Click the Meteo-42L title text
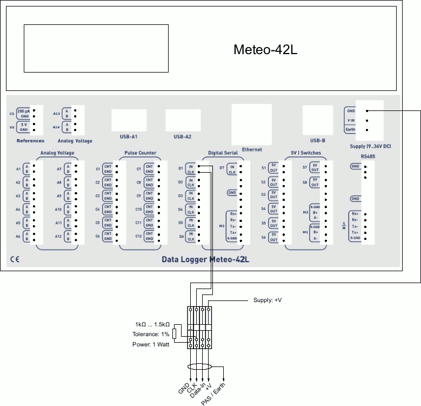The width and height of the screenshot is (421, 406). [265, 50]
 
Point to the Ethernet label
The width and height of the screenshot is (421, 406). [252, 149]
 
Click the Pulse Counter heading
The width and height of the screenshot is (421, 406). [140, 153]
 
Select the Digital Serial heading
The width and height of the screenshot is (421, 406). [223, 153]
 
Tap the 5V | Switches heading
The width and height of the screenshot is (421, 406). [305, 153]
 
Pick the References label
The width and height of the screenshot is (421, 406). [30, 141]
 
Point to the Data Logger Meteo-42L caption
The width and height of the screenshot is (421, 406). [205, 259]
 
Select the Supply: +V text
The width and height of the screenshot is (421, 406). [268, 300]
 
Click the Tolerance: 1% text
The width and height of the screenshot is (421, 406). [151, 334]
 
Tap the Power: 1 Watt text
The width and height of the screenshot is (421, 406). [151, 344]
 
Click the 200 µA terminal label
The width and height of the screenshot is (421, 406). [23, 110]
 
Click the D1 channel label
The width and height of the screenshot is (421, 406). [181, 168]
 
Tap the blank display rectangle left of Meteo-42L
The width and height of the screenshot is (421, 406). [96, 48]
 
